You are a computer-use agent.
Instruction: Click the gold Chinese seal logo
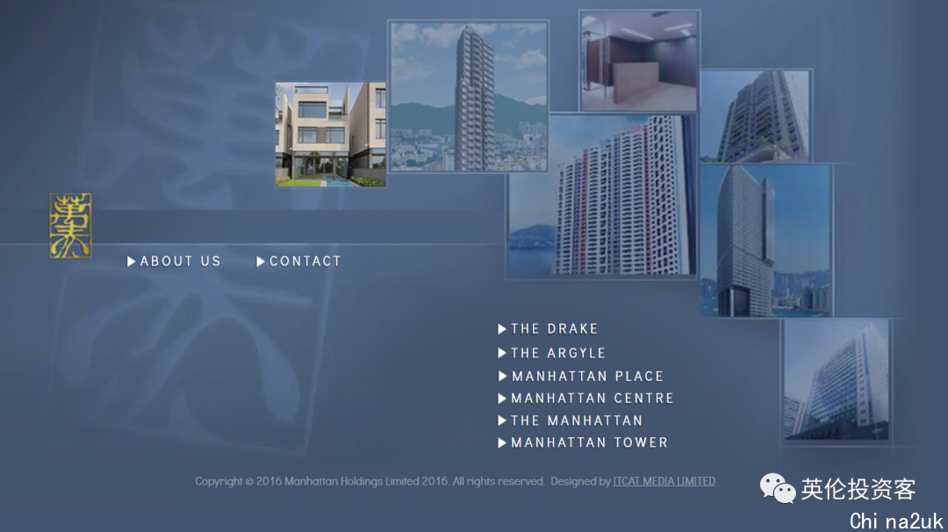(x=71, y=226)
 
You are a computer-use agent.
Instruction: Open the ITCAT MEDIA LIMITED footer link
(x=664, y=481)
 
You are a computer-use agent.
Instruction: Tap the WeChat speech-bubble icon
(x=778, y=488)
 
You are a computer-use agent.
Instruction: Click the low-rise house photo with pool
(x=331, y=134)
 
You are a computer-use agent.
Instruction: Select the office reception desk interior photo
(x=639, y=61)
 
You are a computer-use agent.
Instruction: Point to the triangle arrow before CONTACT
(x=261, y=261)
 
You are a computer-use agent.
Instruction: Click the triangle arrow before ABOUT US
(x=131, y=261)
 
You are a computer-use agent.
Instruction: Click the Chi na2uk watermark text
(x=896, y=521)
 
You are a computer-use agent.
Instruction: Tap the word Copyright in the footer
(x=219, y=482)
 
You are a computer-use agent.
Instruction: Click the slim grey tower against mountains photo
(x=469, y=97)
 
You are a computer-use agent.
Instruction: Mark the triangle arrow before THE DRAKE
(x=502, y=329)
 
